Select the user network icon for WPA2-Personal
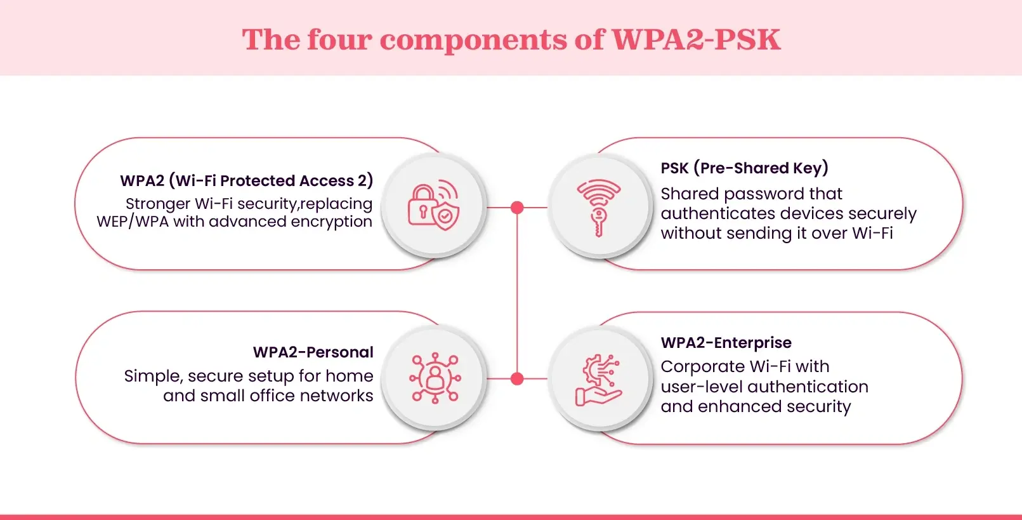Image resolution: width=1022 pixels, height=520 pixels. point(435,378)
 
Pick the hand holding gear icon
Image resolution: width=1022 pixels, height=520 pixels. point(598,380)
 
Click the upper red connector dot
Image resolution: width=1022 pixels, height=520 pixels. point(517,208)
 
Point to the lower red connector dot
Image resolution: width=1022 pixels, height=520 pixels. point(517,379)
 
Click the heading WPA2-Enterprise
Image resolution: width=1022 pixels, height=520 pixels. point(726,343)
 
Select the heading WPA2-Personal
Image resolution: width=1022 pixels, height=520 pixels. point(313,352)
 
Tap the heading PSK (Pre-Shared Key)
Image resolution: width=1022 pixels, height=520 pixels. point(744,168)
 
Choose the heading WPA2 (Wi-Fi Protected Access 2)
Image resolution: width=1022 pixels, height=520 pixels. point(246,181)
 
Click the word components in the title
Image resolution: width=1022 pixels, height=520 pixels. point(473,40)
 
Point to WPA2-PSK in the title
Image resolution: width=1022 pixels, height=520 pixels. point(695,40)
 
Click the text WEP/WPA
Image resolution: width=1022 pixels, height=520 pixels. point(132,222)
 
